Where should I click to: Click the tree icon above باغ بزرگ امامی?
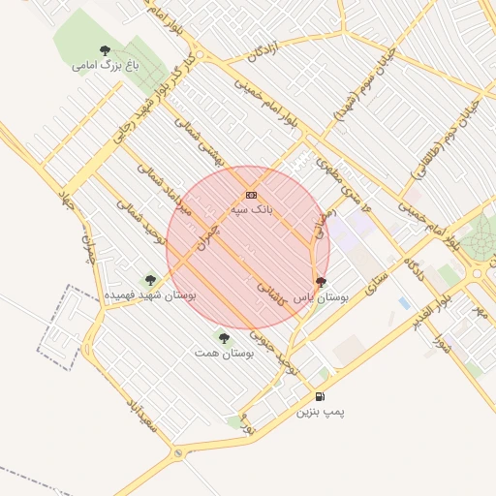coord(105,50)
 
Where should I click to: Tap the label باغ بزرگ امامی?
coord(105,66)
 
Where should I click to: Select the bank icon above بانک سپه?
coord(251,195)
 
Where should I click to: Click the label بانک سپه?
coord(251,208)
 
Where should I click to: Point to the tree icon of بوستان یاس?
coord(321,282)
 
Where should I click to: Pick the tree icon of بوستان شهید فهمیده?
coord(149,279)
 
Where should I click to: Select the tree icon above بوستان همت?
coord(224,338)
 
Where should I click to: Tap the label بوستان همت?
coord(224,354)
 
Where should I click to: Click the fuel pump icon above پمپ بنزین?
coord(320,396)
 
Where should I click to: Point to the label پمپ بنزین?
coord(321,412)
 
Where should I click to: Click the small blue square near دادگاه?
coord(404,303)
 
